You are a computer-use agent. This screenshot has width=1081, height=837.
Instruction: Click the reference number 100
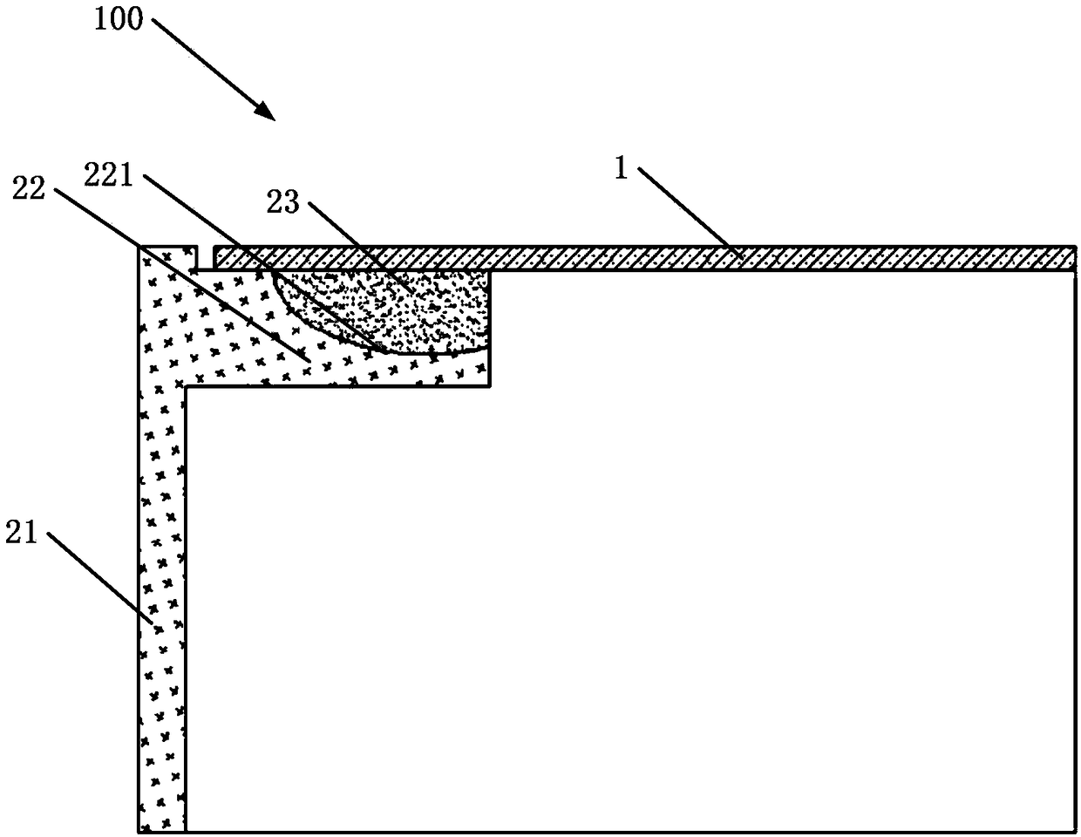(118, 18)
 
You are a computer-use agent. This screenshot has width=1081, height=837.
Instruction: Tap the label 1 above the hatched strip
(621, 169)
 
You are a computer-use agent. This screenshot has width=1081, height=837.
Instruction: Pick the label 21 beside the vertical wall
(23, 531)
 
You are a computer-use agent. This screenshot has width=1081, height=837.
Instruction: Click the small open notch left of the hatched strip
(205, 258)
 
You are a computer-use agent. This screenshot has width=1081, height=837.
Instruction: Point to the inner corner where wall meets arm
(186, 387)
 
